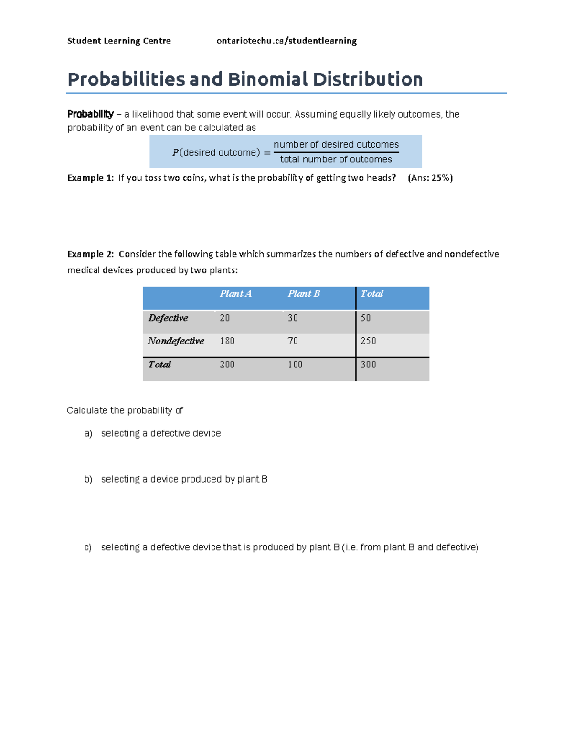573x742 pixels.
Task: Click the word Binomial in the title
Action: pos(268,79)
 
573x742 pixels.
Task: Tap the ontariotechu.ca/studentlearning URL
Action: pos(286,41)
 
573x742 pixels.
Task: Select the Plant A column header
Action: pos(235,294)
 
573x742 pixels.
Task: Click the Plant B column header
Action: pos(304,294)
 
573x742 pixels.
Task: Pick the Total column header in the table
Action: pos(372,294)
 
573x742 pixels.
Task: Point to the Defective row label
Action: pos(168,318)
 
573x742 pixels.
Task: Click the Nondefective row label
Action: pos(176,341)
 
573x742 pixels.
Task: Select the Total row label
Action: pos(159,365)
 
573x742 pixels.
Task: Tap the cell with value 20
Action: pos(224,318)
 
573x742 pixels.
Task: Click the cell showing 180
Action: pos(227,341)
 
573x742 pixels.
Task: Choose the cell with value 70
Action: pos(293,341)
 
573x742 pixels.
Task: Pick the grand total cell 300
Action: pos(368,365)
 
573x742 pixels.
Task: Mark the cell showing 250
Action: pos(368,341)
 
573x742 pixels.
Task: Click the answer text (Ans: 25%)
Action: pos(430,178)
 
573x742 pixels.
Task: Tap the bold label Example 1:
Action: pos(90,178)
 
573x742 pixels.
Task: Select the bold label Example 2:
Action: pos(90,254)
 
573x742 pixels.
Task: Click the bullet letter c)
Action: pos(88,548)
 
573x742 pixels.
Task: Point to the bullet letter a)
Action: pos(88,433)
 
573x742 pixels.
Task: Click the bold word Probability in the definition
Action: pos(90,114)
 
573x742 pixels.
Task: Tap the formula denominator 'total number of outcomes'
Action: pos(336,160)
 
